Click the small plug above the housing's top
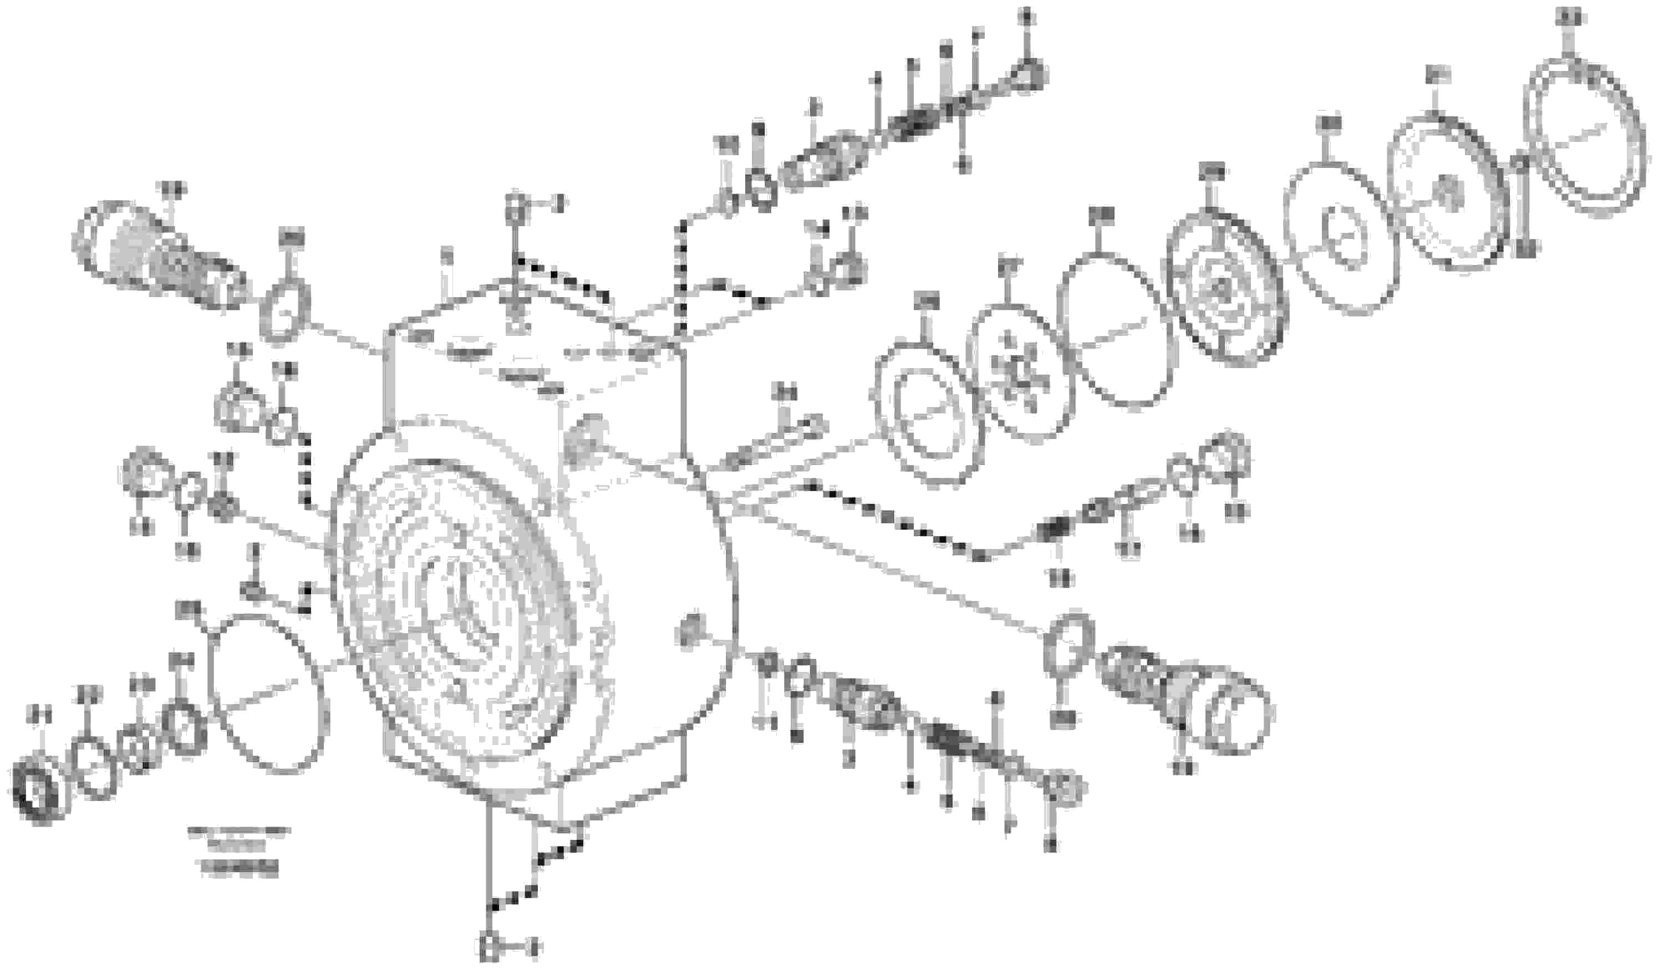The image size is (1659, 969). pyautogui.click(x=516, y=208)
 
